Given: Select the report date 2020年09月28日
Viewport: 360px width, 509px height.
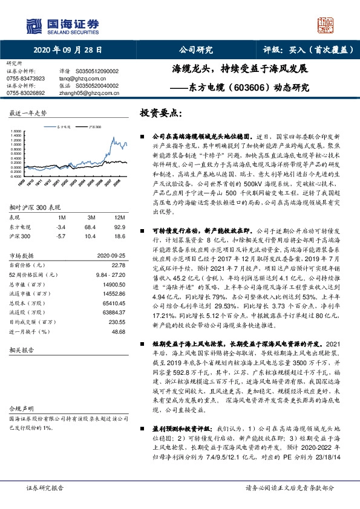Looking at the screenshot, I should click(x=67, y=51).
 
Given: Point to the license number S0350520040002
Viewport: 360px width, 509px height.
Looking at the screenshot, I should click(x=102, y=85).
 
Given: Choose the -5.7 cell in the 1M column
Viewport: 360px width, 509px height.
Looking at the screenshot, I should click(x=61, y=236).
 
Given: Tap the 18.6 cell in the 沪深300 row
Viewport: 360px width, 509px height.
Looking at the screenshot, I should click(x=119, y=236).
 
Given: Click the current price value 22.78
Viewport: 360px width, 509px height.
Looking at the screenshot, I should click(x=119, y=264).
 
